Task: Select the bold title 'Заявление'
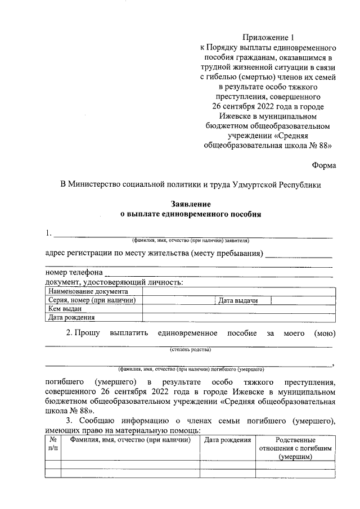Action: coord(191,204)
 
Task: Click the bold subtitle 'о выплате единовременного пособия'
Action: coord(191,214)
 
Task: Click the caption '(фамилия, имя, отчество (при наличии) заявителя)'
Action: coord(191,240)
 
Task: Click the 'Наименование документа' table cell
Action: coord(88,291)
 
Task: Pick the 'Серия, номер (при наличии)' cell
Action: coord(93,300)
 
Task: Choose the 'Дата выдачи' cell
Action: coord(238,301)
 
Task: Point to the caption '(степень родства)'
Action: coord(191,349)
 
